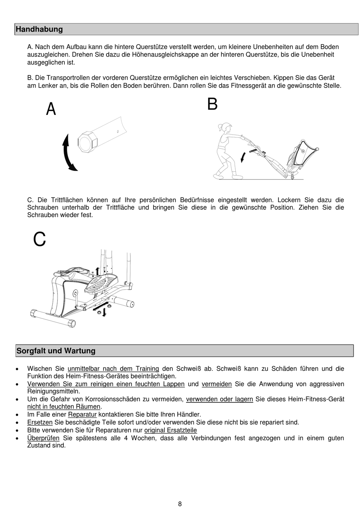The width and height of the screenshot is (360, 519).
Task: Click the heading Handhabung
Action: tap(39, 29)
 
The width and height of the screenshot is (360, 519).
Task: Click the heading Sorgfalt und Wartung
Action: tap(56, 351)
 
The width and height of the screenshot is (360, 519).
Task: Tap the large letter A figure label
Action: tap(51, 109)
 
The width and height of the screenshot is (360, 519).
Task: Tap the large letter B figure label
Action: tap(212, 104)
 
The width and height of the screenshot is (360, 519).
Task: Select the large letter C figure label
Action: tap(39, 240)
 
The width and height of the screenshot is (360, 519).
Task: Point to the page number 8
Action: tap(180, 504)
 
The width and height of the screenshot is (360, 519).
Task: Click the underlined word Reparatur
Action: tap(82, 414)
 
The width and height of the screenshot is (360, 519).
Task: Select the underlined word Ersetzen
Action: tap(40, 422)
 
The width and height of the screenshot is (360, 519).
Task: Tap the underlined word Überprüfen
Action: tap(43, 438)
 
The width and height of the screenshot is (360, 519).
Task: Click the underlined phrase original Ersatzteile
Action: tap(171, 430)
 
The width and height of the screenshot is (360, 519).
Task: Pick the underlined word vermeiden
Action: tap(217, 384)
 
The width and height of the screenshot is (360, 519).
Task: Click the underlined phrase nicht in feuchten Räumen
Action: tap(64, 407)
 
